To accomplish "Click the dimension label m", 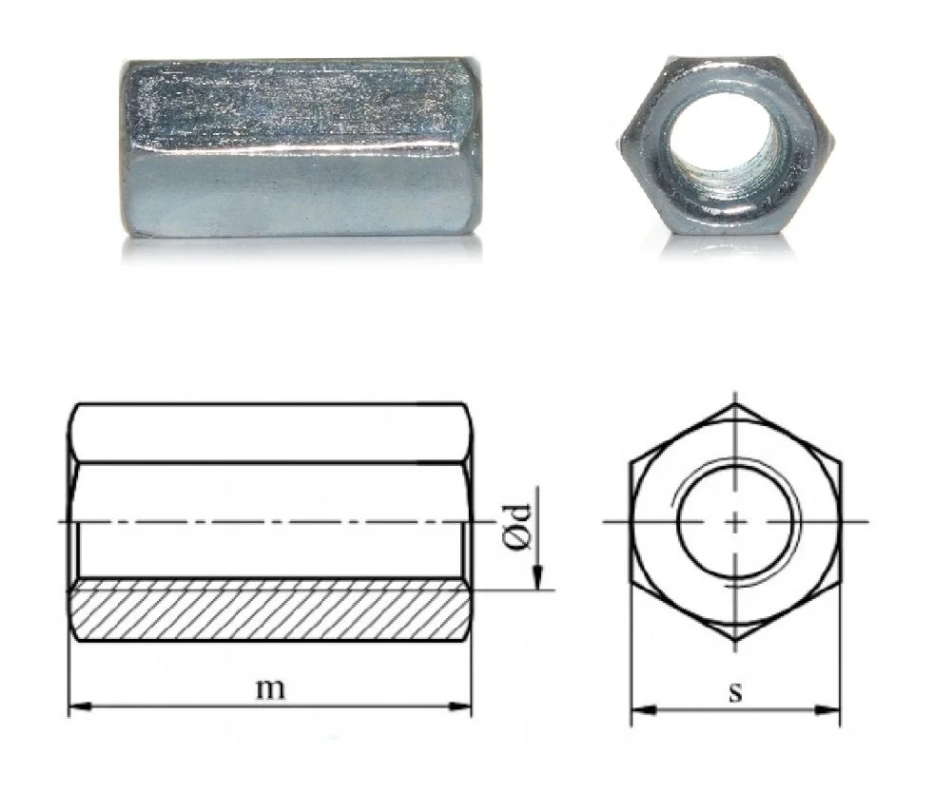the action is point(270,688).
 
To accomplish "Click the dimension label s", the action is point(736,692).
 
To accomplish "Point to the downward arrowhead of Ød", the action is point(537,577).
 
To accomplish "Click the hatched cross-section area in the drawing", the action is point(270,610).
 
